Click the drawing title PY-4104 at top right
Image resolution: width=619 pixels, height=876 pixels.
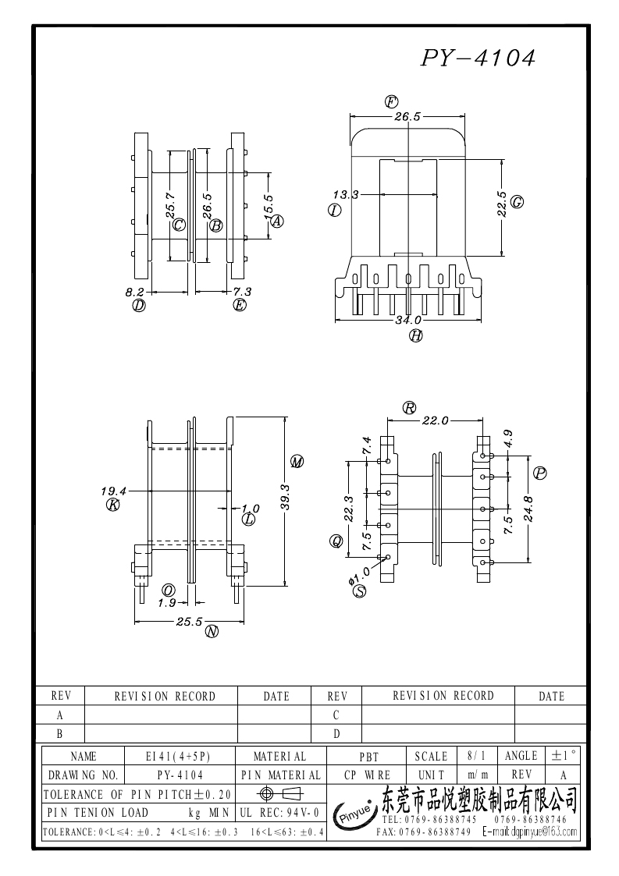478,58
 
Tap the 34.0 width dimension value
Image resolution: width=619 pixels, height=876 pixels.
408,320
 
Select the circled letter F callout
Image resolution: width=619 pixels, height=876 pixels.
391,101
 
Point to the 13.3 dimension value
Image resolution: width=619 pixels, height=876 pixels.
346,195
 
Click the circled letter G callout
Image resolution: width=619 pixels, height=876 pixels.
518,202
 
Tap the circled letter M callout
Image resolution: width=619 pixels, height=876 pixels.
297,462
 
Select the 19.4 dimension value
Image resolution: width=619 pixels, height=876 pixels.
113,491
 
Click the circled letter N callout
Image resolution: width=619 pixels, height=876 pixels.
212,632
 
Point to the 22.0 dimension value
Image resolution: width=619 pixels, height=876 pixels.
435,420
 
